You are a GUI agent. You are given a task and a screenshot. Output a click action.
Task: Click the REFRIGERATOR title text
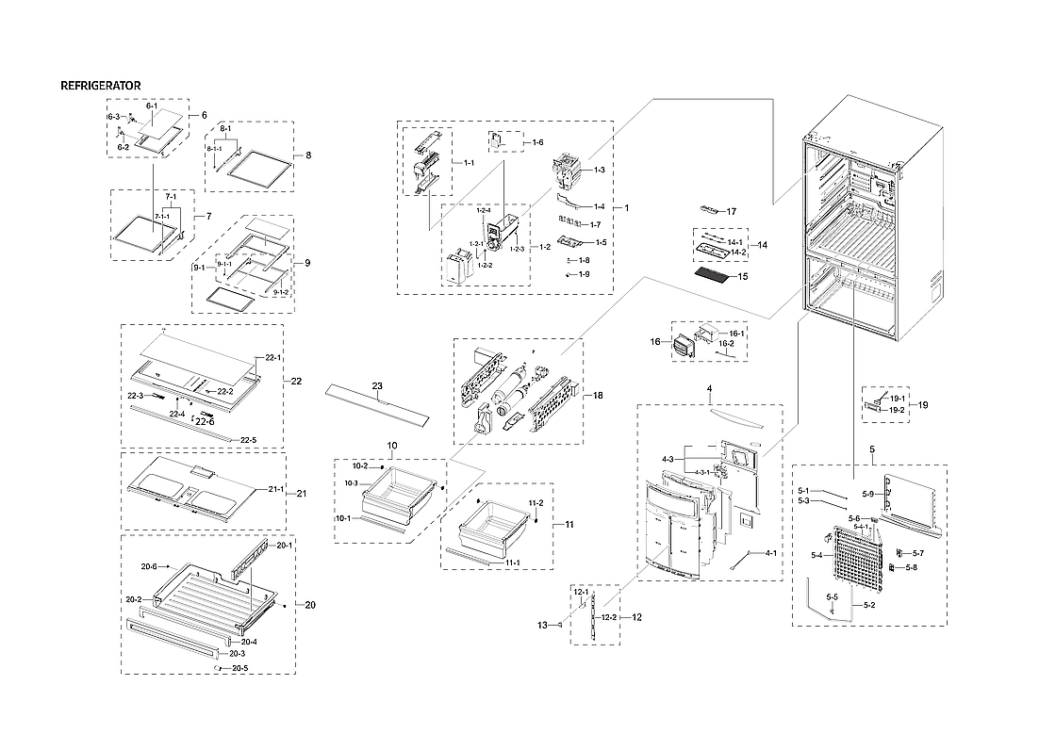[101, 86]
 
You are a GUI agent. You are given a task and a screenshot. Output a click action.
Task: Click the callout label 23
[377, 386]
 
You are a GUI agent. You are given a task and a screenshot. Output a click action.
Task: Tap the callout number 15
[742, 277]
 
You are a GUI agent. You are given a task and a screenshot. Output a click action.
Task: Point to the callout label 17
[731, 211]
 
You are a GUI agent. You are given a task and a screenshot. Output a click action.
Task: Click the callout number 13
[542, 625]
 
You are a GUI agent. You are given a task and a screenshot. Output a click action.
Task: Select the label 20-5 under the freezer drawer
[239, 668]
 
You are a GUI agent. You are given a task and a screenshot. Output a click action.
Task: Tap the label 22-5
[248, 440]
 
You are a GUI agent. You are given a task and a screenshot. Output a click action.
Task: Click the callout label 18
[598, 396]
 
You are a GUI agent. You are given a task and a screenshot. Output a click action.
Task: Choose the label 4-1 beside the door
[770, 553]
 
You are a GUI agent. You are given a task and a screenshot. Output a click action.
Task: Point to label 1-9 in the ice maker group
[585, 274]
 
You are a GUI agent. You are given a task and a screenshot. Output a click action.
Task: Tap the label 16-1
[736, 334]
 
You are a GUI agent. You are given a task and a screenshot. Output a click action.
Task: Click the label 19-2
[897, 410]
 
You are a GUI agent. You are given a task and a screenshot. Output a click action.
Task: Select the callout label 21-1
[276, 489]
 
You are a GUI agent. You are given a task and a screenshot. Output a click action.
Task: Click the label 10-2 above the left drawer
[359, 465]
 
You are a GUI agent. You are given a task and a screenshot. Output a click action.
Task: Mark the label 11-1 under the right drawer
[513, 563]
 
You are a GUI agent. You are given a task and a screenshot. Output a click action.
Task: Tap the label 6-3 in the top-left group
[112, 116]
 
